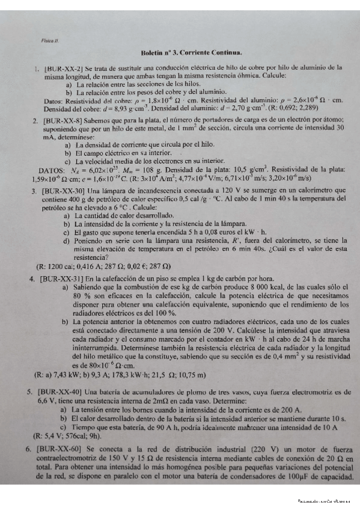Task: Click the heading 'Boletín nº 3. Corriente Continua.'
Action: (x=191, y=53)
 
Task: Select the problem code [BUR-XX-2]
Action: (x=67, y=69)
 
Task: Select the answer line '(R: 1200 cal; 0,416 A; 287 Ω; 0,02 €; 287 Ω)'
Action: (x=103, y=266)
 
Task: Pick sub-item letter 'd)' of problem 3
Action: (x=66, y=241)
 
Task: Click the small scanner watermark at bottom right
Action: (x=325, y=500)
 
